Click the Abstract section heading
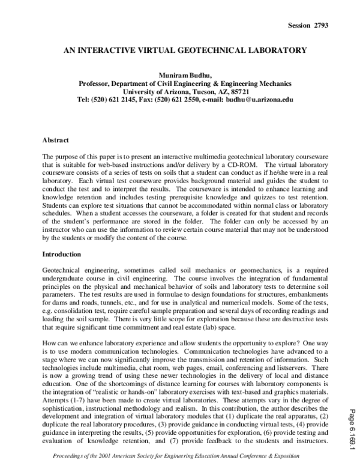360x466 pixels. pos(58,140)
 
